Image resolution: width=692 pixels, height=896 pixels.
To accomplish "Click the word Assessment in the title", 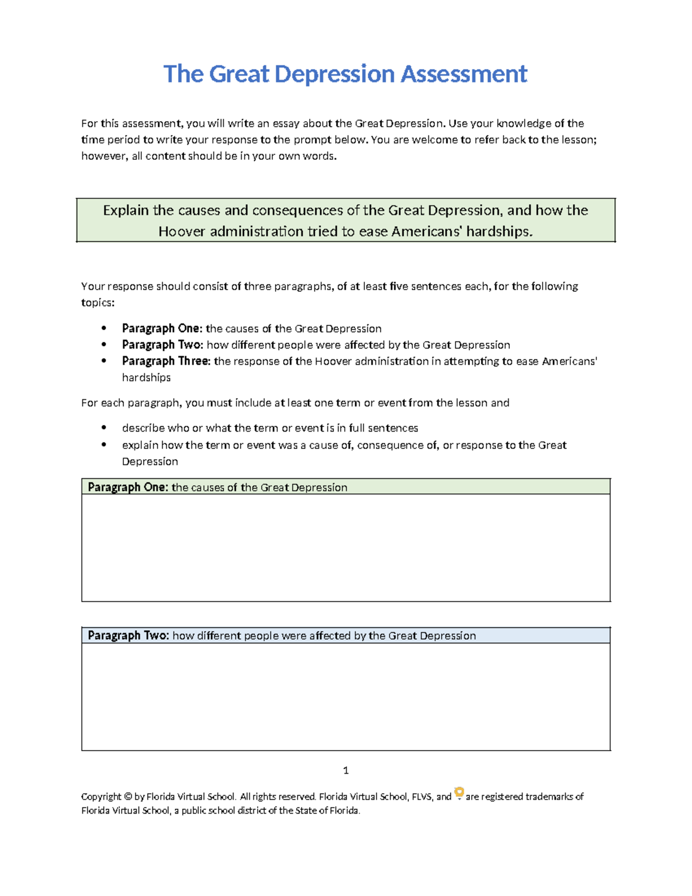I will pyautogui.click(x=464, y=74).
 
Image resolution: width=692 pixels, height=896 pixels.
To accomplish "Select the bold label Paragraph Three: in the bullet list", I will pyautogui.click(x=166, y=361).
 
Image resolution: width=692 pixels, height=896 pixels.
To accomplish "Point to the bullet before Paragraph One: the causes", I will pyautogui.click(x=104, y=328).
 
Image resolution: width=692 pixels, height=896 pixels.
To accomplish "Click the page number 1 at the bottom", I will pyautogui.click(x=345, y=770).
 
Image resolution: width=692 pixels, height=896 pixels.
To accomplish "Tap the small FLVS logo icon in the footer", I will pyautogui.click(x=459, y=793).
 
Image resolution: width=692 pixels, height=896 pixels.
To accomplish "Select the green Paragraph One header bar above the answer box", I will pyautogui.click(x=346, y=487).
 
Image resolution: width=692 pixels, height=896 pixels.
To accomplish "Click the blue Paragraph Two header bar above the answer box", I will pyautogui.click(x=346, y=635).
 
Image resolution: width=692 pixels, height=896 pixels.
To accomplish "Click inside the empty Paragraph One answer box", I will pyautogui.click(x=346, y=548).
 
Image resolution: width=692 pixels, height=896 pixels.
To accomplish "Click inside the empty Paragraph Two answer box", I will pyautogui.click(x=346, y=696).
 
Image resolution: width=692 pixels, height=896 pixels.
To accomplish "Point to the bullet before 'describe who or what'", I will pyautogui.click(x=104, y=428).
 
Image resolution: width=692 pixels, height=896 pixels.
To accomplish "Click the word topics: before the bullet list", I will pyautogui.click(x=97, y=303).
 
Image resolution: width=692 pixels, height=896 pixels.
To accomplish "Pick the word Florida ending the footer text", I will pyautogui.click(x=344, y=811).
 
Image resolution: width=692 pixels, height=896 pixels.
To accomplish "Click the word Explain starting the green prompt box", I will pyautogui.click(x=126, y=210).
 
